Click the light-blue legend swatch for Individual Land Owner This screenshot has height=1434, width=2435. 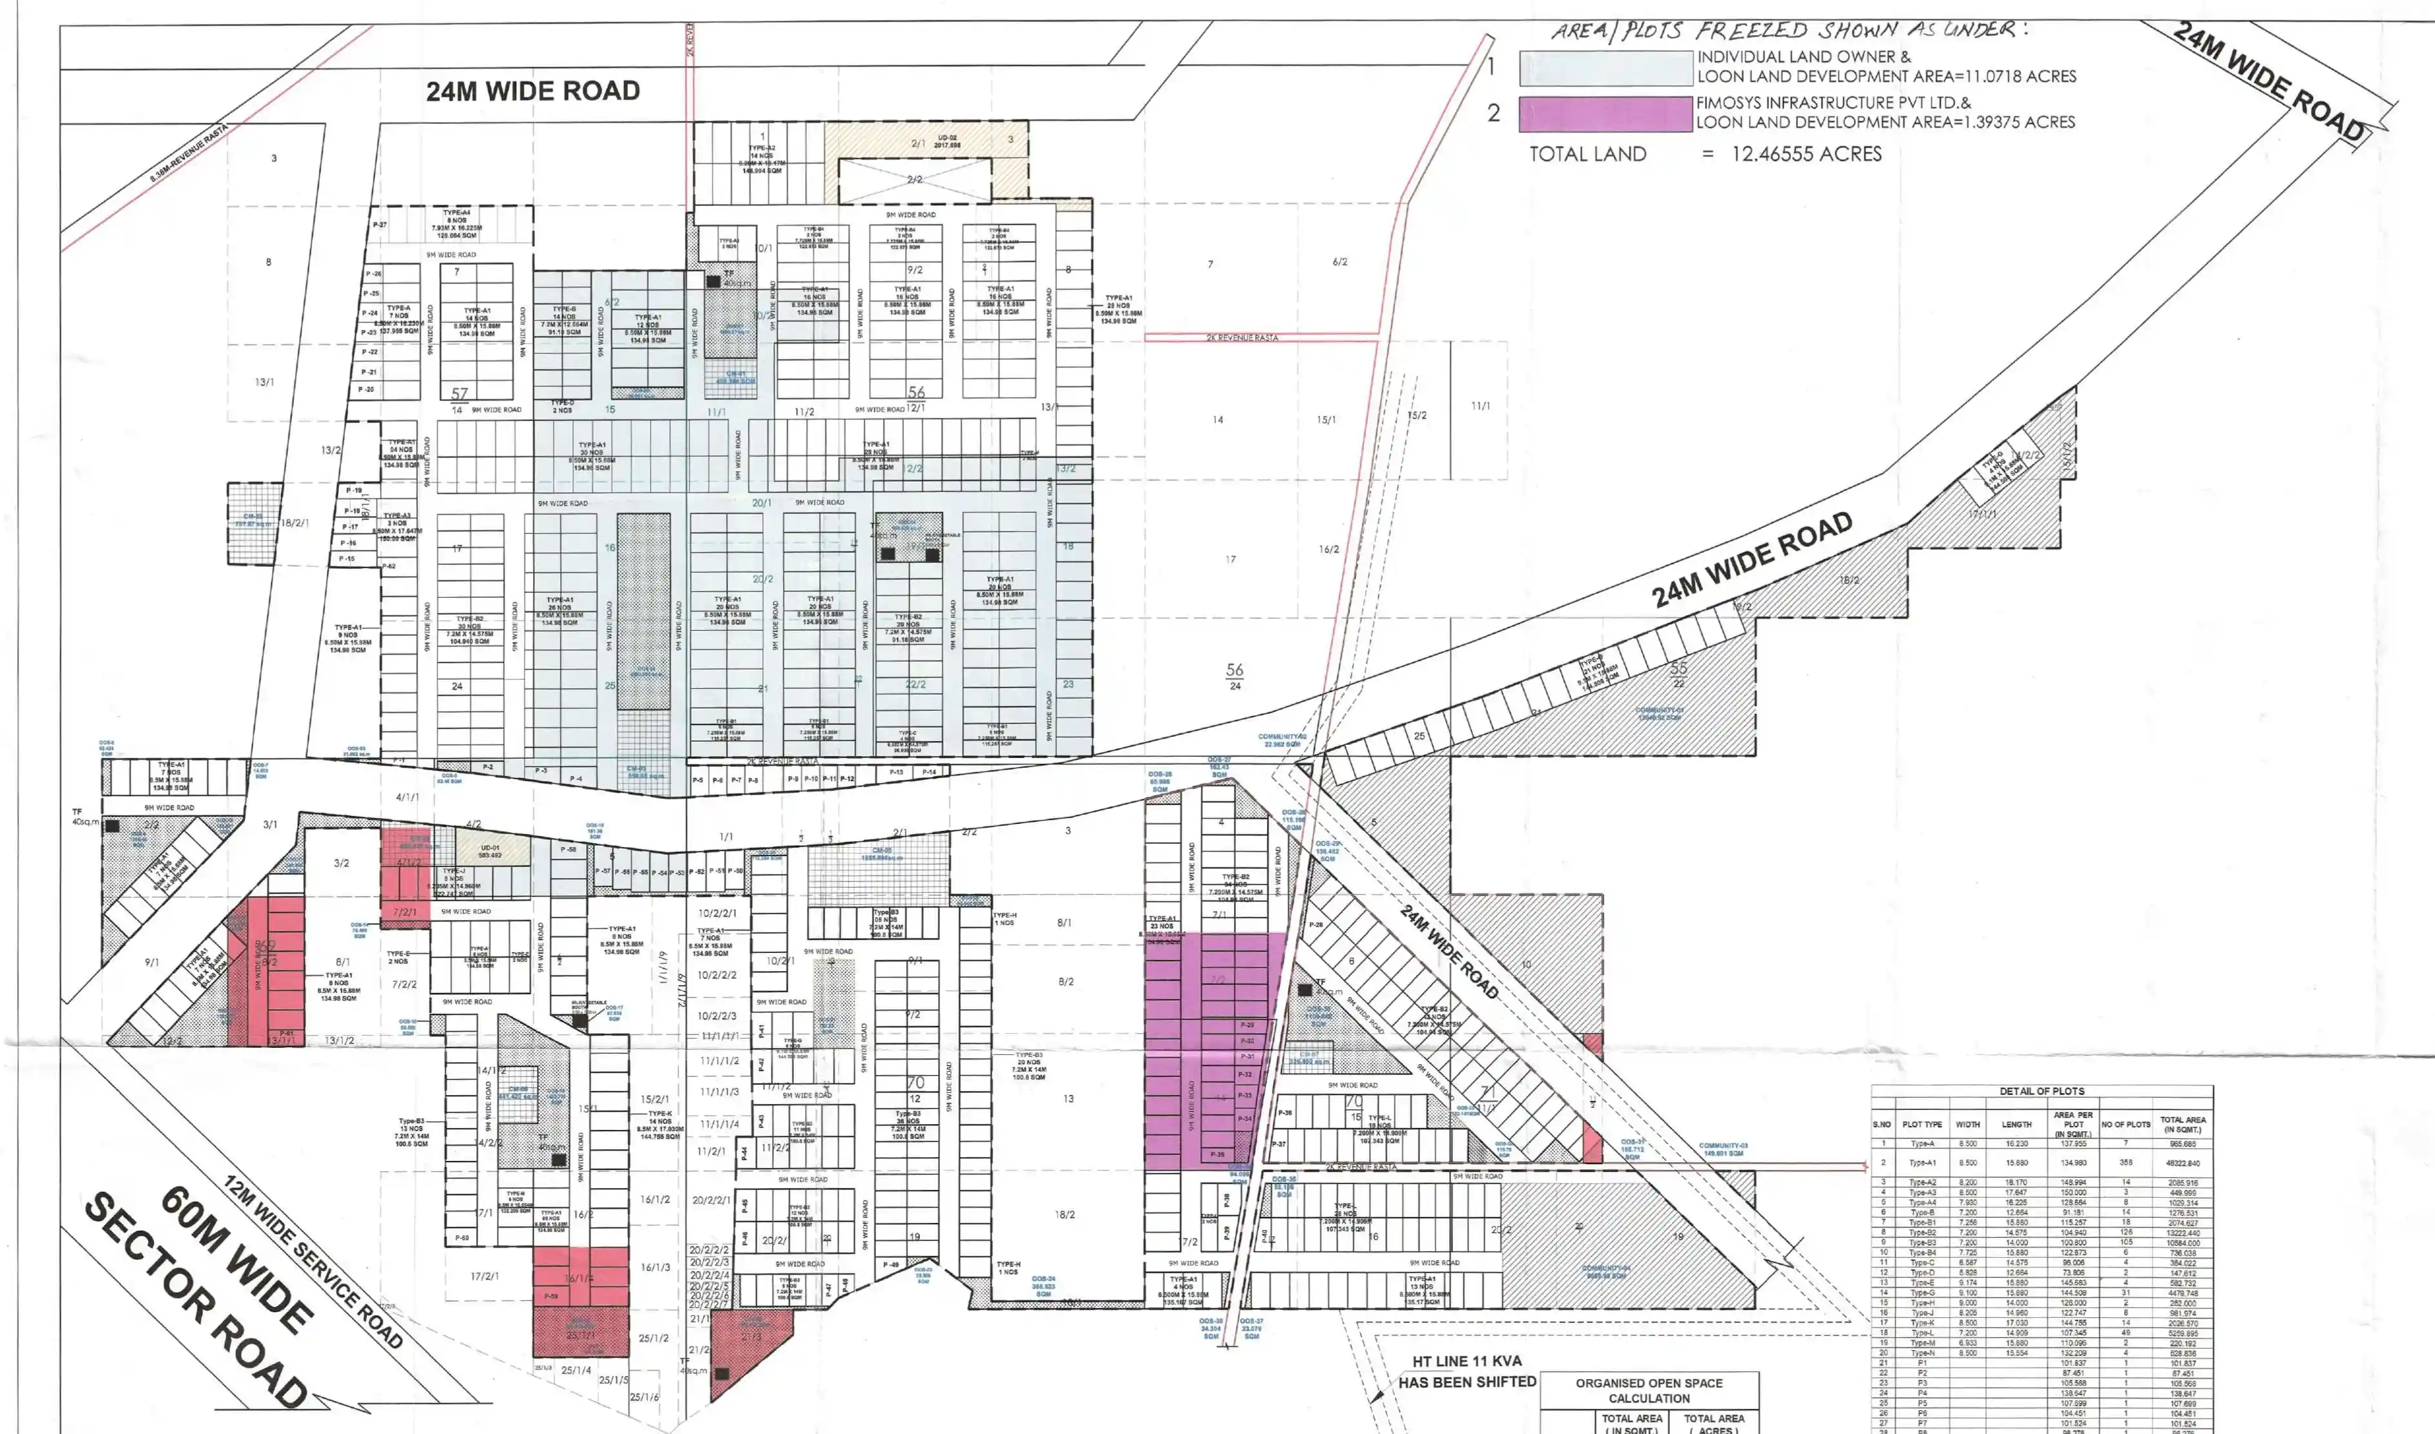coord(1605,68)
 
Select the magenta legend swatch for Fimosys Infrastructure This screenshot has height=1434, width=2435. coord(1605,113)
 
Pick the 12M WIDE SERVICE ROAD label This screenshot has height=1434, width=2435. coord(313,1260)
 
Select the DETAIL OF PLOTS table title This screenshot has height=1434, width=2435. coord(2042,1091)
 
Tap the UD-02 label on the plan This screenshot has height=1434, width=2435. coord(946,138)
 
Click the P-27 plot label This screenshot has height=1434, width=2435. coord(379,225)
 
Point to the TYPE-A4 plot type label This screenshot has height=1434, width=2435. coord(457,212)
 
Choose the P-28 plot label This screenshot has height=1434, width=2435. coord(1315,925)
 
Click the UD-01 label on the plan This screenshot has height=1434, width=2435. coord(491,848)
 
